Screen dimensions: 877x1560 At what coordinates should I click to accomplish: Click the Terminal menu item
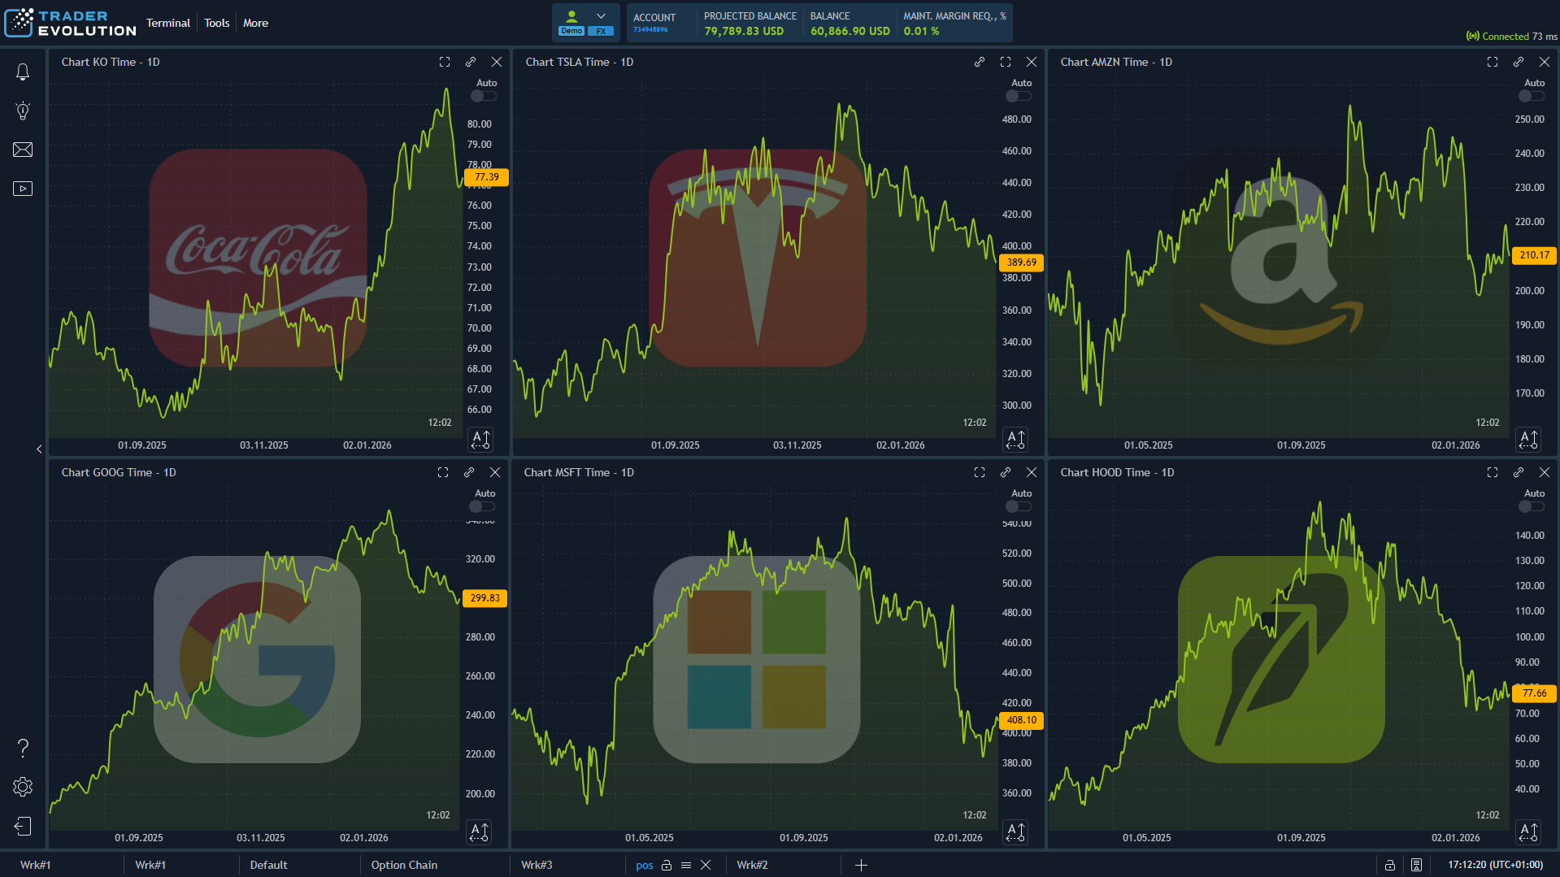point(167,23)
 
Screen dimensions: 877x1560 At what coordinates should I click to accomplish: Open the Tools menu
point(216,23)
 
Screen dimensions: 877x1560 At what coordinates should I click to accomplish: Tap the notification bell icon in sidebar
point(23,72)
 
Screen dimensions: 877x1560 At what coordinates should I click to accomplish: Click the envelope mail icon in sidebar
point(23,150)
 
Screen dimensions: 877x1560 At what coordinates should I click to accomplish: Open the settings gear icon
point(23,787)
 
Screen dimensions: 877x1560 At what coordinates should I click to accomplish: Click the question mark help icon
point(23,748)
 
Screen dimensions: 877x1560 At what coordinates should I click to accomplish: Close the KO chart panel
point(497,62)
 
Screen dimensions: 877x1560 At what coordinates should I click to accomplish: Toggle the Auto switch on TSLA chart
point(1018,96)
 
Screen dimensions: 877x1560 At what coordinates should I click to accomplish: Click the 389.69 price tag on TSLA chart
point(1021,263)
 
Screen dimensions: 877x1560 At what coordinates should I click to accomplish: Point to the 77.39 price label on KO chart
point(486,177)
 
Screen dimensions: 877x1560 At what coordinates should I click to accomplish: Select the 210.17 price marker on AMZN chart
point(1534,255)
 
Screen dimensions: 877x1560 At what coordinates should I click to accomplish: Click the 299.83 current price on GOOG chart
point(485,598)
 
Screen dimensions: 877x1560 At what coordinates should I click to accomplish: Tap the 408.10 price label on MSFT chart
point(1021,720)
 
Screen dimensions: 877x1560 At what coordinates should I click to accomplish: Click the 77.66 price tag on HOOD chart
point(1534,693)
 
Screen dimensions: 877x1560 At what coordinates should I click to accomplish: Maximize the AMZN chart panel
point(1493,62)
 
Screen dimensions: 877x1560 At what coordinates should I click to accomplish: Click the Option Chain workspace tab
point(404,865)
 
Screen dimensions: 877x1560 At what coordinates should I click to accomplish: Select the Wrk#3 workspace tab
point(537,865)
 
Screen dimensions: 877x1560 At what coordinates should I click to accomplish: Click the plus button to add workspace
point(861,865)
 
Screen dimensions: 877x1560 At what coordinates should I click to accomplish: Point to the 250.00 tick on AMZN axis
point(1529,119)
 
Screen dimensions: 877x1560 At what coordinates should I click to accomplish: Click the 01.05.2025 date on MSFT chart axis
point(649,838)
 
